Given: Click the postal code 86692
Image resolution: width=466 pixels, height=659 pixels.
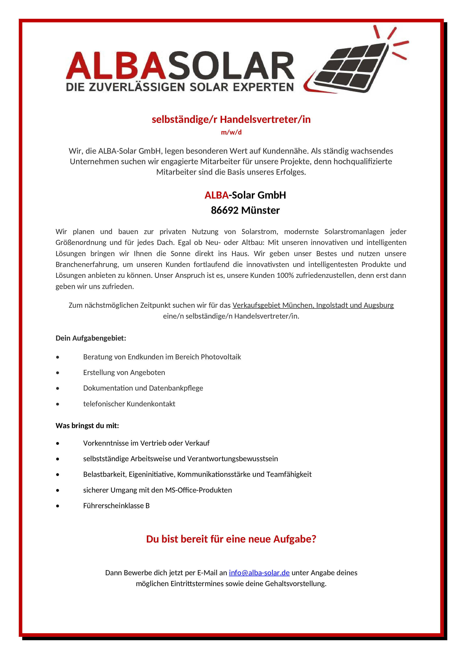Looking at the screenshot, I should point(225,210).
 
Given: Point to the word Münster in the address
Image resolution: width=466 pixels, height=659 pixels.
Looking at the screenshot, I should point(260,210).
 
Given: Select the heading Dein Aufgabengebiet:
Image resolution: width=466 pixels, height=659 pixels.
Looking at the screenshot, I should point(91,338).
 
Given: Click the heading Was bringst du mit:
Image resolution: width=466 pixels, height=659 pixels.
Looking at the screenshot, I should point(87,426).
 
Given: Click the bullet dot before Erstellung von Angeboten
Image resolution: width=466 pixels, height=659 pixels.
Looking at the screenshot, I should point(58,373).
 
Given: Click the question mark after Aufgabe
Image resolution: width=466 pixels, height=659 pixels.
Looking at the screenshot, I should point(314,539).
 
